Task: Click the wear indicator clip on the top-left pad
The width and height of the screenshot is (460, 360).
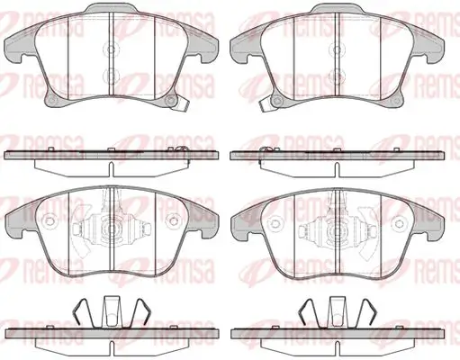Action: point(180,105)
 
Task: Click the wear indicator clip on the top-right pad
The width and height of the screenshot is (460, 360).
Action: point(266,105)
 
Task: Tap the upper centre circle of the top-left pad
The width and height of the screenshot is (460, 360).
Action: point(111,49)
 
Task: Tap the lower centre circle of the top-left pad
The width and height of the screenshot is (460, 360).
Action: point(111,76)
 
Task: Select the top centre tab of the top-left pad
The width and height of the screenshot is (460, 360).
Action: point(112,8)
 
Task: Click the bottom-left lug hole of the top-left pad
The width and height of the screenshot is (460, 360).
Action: point(51,100)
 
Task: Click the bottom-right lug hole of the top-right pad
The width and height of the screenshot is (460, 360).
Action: point(397,100)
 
